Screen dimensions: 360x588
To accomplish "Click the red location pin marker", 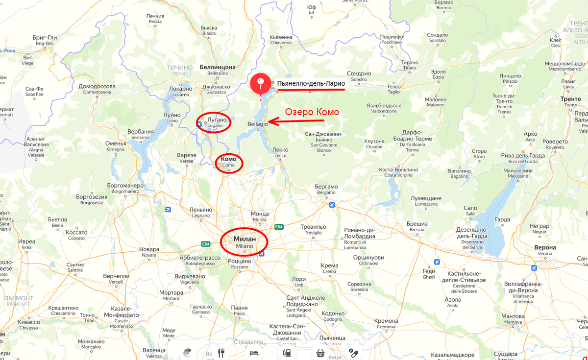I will tap(260, 83).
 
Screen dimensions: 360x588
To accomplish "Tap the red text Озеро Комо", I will tap(312, 112).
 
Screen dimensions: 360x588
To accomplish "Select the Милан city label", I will tap(244, 239).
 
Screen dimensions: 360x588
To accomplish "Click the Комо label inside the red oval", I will tap(229, 159).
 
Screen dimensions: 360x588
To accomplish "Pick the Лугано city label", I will tap(217, 120).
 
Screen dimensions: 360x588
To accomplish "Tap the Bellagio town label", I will tap(258, 124).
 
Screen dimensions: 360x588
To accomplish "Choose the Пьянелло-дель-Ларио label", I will tap(311, 84).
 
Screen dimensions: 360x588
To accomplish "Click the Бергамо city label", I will tap(326, 187).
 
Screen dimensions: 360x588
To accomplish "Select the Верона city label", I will tap(545, 247).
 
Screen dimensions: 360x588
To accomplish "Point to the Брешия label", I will tap(417, 223).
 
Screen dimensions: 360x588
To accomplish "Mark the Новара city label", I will tap(149, 249).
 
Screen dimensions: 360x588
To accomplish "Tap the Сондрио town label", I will tap(359, 73).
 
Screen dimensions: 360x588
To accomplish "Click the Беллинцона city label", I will tap(218, 67).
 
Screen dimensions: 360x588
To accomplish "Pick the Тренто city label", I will tap(571, 99).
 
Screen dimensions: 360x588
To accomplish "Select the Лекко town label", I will tap(280, 150).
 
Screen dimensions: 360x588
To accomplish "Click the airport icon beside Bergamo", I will tap(333, 205).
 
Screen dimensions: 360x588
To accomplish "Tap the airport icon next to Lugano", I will tap(199, 124).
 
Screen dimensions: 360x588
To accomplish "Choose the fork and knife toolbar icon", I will tap(221, 352).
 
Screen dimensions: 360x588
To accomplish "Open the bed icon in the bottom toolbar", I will tap(254, 352).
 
